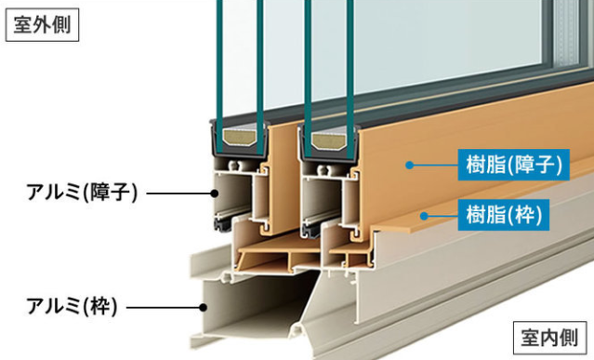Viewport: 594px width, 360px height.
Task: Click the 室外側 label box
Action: (42, 24)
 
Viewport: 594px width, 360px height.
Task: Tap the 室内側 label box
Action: (549, 338)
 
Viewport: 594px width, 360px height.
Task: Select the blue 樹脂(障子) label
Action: (514, 165)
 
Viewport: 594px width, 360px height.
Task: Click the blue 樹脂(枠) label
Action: (504, 215)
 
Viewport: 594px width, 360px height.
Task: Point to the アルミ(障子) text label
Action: (82, 193)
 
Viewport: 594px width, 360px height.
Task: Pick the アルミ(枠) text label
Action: (72, 306)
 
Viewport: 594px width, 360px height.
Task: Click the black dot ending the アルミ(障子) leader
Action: (215, 193)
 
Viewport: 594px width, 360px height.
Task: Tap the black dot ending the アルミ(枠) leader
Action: (204, 307)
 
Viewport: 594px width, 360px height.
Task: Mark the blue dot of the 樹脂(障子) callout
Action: (409, 166)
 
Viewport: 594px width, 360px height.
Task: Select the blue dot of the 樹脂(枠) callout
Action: (424, 216)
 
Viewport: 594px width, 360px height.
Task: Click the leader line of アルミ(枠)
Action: (163, 307)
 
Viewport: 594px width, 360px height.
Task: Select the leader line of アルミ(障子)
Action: (178, 193)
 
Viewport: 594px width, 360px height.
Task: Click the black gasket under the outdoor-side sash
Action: (223, 223)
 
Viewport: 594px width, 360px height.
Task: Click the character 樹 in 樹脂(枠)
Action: (475, 215)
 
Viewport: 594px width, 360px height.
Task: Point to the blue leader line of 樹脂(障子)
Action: (435, 166)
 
